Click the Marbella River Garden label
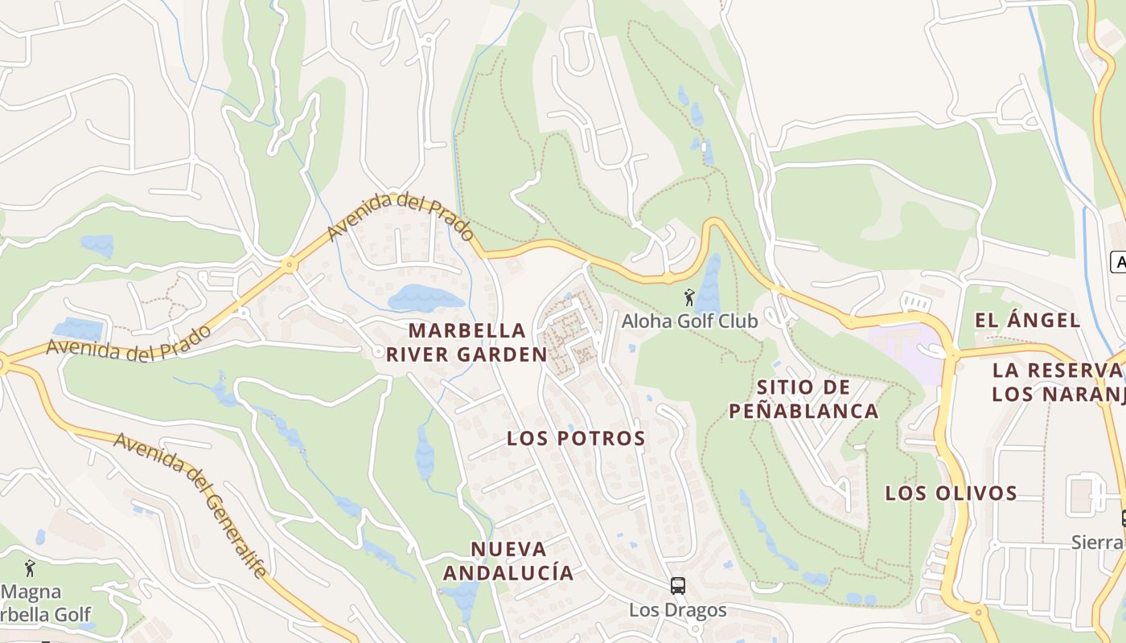coord(466,342)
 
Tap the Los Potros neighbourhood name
coord(576,438)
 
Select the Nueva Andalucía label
coord(508,561)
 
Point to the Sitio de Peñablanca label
coord(803,399)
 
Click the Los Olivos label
coord(951,493)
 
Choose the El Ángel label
coord(1027,320)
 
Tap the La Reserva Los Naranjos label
coord(1058,382)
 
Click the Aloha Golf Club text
coord(689,321)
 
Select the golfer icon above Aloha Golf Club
coord(688,299)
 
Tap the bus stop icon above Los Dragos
coord(678,586)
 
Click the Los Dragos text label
coord(678,610)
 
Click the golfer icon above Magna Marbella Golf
coord(30,568)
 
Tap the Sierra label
coord(1099,543)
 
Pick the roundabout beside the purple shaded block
coord(952,353)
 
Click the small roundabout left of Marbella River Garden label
coord(379,352)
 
